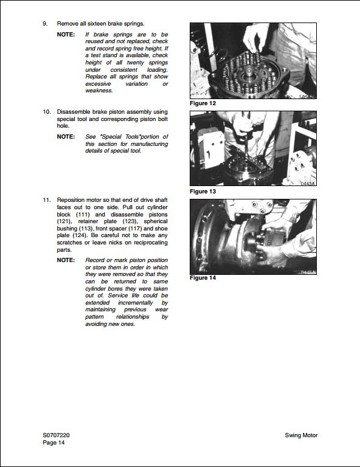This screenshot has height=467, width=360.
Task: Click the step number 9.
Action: [x=45, y=24]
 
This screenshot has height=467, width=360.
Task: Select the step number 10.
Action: [x=46, y=112]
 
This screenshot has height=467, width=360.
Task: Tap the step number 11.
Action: [x=46, y=200]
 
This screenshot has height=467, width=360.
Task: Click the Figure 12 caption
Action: [x=203, y=103]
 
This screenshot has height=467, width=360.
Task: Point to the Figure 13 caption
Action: [x=203, y=192]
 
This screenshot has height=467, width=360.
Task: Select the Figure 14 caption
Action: [x=203, y=278]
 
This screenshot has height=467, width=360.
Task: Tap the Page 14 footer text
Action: [x=54, y=443]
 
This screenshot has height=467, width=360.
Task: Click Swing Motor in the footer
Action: [x=301, y=435]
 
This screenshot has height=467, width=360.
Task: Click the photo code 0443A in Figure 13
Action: [x=308, y=183]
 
